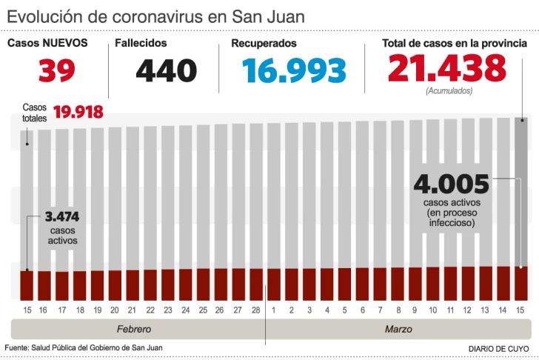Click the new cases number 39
[x=56, y=70]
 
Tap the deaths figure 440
[x=167, y=70]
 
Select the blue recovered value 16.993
[x=295, y=70]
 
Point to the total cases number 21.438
[x=446, y=69]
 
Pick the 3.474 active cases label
[x=62, y=217]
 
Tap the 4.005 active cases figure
[x=452, y=183]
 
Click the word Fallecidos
[x=141, y=43]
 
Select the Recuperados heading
[x=264, y=43]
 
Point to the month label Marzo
[x=398, y=328]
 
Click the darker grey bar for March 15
[x=521, y=193]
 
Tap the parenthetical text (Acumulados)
[x=448, y=90]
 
